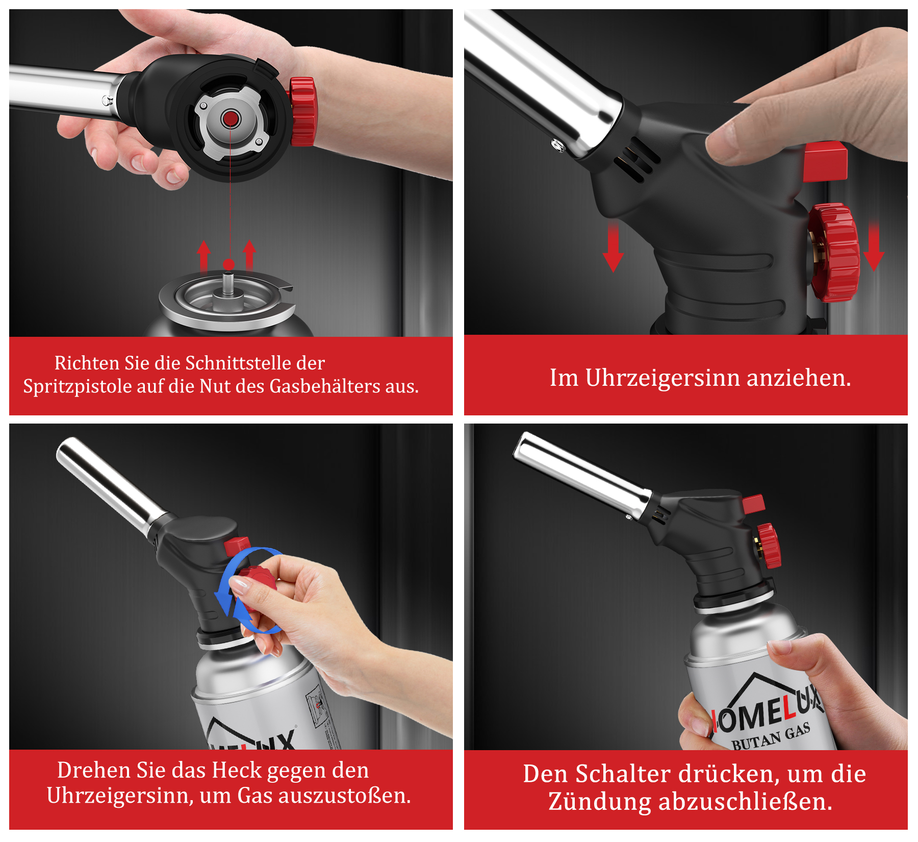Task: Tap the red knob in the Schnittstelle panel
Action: pos(303,111)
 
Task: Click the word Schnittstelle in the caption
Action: pos(238,363)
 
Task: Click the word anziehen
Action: pos(799,378)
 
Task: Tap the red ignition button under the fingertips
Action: pos(825,162)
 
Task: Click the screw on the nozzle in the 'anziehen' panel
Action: pos(558,146)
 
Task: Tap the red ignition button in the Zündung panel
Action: pos(754,504)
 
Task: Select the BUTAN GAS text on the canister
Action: pos(772,737)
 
